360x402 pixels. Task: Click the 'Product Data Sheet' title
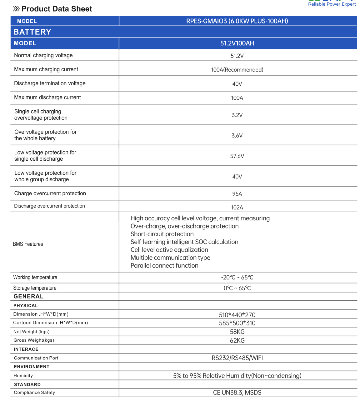57,9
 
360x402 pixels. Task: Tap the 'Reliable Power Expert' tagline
332,4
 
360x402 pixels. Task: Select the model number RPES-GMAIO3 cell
237,21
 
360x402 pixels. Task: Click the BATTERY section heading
32,32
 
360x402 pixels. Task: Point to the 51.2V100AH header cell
237,43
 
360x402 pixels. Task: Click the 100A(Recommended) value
237,70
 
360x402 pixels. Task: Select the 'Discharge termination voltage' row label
50,83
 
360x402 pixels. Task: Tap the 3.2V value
237,115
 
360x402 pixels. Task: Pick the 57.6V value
237,156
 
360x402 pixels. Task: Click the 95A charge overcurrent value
237,194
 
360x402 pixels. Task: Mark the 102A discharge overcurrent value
237,208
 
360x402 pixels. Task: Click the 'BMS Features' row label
28,244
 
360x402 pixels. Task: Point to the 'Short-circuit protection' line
162,234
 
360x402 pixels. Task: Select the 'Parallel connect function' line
164,266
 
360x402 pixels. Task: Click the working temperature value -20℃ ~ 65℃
237,278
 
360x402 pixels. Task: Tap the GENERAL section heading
28,296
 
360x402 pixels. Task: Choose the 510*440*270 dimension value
237,315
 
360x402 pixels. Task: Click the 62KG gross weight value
237,340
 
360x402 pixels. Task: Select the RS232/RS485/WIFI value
237,358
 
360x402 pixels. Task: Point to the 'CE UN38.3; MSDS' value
237,393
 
